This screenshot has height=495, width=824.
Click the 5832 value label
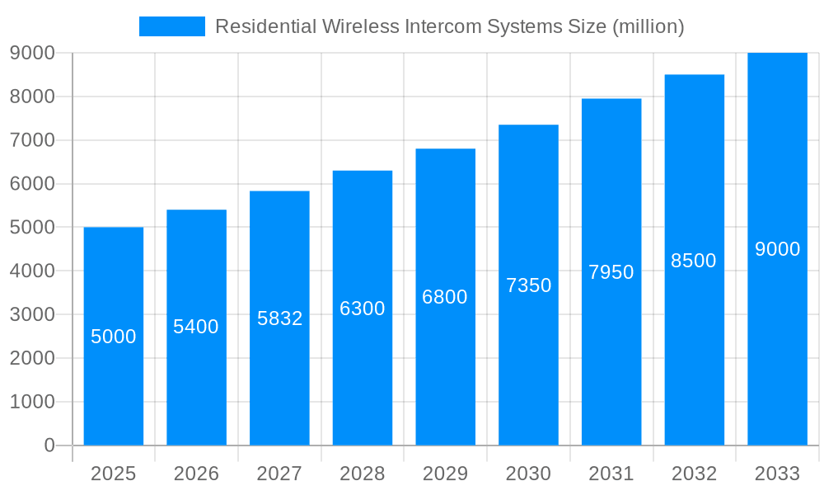coord(280,318)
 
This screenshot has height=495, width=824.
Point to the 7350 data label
coord(528,285)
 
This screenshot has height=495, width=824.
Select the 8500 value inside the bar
coord(694,261)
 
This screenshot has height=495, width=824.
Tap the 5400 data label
coord(196,327)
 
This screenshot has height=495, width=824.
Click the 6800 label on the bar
coord(445,297)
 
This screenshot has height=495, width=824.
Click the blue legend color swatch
coord(172,26)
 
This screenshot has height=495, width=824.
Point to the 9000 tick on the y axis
coord(32,53)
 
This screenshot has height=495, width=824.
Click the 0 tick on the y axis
coord(49,445)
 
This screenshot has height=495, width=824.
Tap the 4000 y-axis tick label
coord(32,271)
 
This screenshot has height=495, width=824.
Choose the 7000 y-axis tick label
coord(32,140)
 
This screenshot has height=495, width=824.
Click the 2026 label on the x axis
coord(196,474)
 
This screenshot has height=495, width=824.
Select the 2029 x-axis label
coord(445,474)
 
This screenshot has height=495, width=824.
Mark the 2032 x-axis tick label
coord(694,474)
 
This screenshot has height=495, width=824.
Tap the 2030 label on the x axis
coord(528,474)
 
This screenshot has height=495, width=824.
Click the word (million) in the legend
coord(648,26)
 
